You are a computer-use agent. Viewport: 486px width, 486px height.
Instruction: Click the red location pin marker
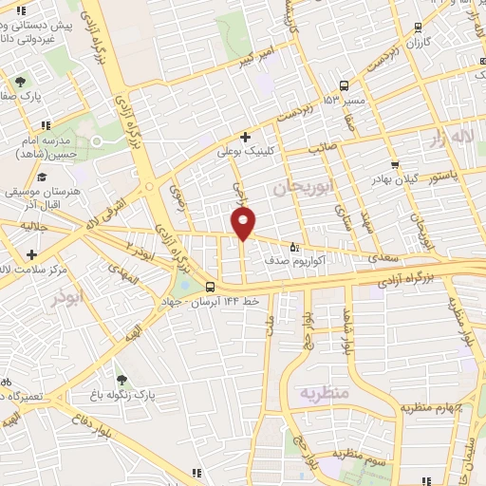[244, 223]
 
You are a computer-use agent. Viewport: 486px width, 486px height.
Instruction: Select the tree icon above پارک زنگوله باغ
[120, 379]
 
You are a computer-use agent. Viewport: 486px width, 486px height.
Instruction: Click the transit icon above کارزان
[419, 29]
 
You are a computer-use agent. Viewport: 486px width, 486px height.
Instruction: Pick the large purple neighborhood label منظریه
[326, 392]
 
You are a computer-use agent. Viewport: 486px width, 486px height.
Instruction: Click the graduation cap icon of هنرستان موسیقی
[41, 177]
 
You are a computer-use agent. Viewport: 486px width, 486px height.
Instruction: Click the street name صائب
[323, 149]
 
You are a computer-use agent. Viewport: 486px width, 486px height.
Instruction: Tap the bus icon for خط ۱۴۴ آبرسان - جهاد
[210, 288]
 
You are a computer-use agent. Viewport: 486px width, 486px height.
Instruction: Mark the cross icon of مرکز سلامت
[32, 254]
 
